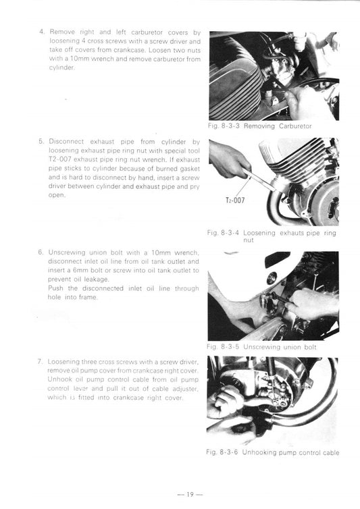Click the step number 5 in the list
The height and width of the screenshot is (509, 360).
pos(41,142)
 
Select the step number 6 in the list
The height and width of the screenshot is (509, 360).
pos(41,252)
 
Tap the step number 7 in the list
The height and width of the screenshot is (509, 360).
pos(41,362)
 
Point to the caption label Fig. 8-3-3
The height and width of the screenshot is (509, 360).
pos(225,126)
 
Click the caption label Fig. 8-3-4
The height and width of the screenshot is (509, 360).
pos(225,234)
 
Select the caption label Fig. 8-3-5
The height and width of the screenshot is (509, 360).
pos(225,347)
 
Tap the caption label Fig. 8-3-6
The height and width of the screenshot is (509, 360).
pos(225,452)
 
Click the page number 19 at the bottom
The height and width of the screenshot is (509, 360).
pos(180,495)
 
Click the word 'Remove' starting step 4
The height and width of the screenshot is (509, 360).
pos(62,32)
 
